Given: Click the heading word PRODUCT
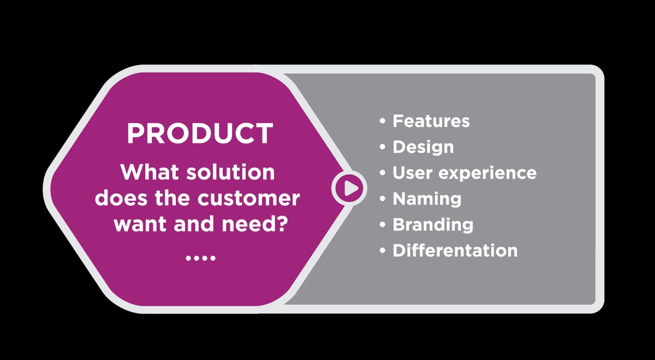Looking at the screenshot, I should click(x=200, y=133).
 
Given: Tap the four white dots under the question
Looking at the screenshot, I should click(x=200, y=257).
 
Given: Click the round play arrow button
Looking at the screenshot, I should click(x=350, y=188).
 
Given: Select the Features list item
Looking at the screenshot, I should click(x=431, y=121).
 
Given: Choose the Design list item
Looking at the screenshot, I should click(x=423, y=147).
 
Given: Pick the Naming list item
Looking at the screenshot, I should click(x=427, y=199).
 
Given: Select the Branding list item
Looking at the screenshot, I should click(x=433, y=225).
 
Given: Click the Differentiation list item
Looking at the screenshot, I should click(x=455, y=250).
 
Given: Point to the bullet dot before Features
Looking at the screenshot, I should click(x=383, y=121).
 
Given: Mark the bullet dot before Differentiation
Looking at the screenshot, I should click(x=383, y=251).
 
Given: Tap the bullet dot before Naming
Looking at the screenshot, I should click(x=383, y=199).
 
